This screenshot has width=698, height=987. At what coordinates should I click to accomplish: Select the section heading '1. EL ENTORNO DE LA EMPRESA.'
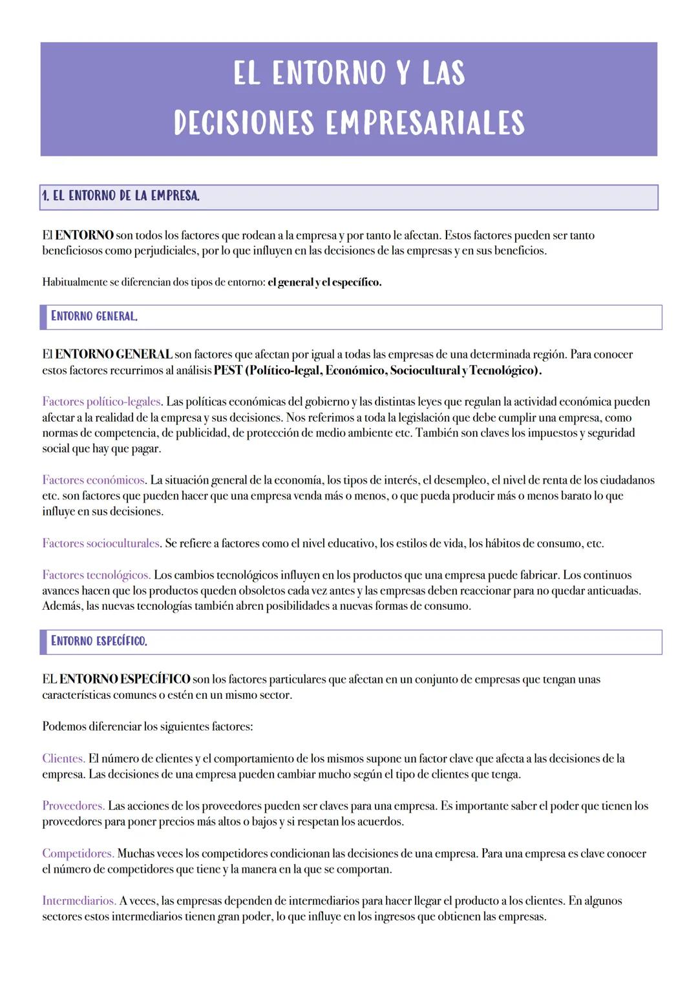[120, 196]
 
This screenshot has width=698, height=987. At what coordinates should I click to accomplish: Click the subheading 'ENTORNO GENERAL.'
[94, 317]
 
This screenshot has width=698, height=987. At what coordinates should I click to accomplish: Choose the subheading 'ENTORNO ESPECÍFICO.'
[99, 641]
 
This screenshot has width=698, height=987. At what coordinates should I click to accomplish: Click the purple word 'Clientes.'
[63, 758]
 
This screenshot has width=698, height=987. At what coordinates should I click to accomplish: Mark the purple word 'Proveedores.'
[74, 806]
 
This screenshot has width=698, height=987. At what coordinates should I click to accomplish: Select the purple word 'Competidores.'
[78, 854]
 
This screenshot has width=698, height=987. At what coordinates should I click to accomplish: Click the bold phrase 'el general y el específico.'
[324, 283]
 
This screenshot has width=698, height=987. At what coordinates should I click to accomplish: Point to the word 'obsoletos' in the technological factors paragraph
[288, 591]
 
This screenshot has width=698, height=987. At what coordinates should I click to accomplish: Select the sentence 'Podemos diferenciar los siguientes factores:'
[147, 727]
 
